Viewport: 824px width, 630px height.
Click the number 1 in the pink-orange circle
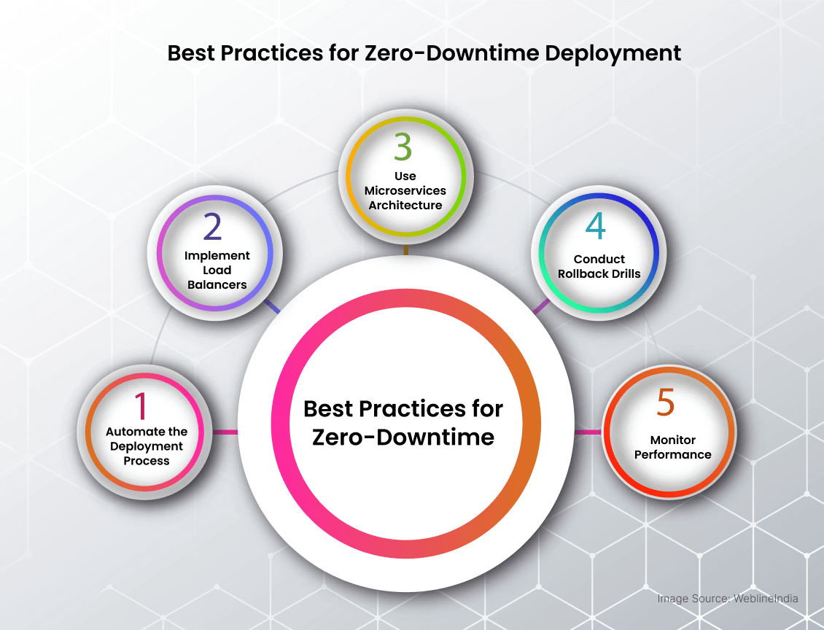(140, 405)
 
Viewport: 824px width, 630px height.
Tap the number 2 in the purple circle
(213, 227)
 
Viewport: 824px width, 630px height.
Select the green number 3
(403, 147)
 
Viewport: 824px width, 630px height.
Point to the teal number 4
(596, 227)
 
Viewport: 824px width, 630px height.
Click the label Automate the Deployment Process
(147, 446)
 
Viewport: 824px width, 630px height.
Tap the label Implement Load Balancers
(217, 270)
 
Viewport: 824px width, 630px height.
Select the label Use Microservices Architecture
(405, 190)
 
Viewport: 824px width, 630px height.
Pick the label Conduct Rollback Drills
(599, 266)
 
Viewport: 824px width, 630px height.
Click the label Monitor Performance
(672, 447)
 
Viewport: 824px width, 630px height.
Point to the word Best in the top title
(191, 53)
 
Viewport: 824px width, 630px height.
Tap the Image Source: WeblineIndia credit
(728, 599)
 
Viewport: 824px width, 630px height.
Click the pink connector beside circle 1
(225, 432)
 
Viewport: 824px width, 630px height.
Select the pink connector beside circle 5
(588, 432)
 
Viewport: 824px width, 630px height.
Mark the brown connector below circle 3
(405, 250)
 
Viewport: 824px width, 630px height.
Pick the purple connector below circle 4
(541, 306)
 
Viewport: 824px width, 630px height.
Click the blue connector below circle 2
(272, 306)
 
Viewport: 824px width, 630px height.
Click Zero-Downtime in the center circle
(403, 437)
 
